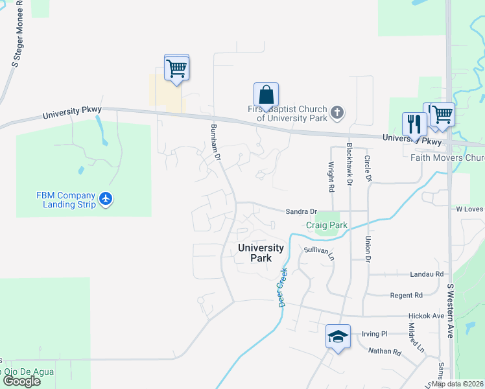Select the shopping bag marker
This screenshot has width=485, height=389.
coord(266,95)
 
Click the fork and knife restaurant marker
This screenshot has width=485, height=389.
coord(414,123)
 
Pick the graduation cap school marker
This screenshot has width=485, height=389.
coord(338,336)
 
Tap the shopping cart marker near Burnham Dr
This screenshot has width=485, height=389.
coord(176,67)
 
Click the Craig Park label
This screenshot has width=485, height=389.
coord(327,225)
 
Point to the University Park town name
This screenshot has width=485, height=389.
coord(261,252)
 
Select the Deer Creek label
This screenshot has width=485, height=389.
coord(283,287)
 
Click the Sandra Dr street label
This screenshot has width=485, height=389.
coord(301,211)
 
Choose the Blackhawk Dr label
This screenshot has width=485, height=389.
coord(349,165)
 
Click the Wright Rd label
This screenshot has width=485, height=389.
coord(331,176)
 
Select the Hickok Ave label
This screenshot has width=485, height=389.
coord(426,316)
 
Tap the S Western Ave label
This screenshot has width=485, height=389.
coord(450,311)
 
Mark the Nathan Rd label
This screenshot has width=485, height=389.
coord(385,352)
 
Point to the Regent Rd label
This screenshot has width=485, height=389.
coord(407,295)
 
